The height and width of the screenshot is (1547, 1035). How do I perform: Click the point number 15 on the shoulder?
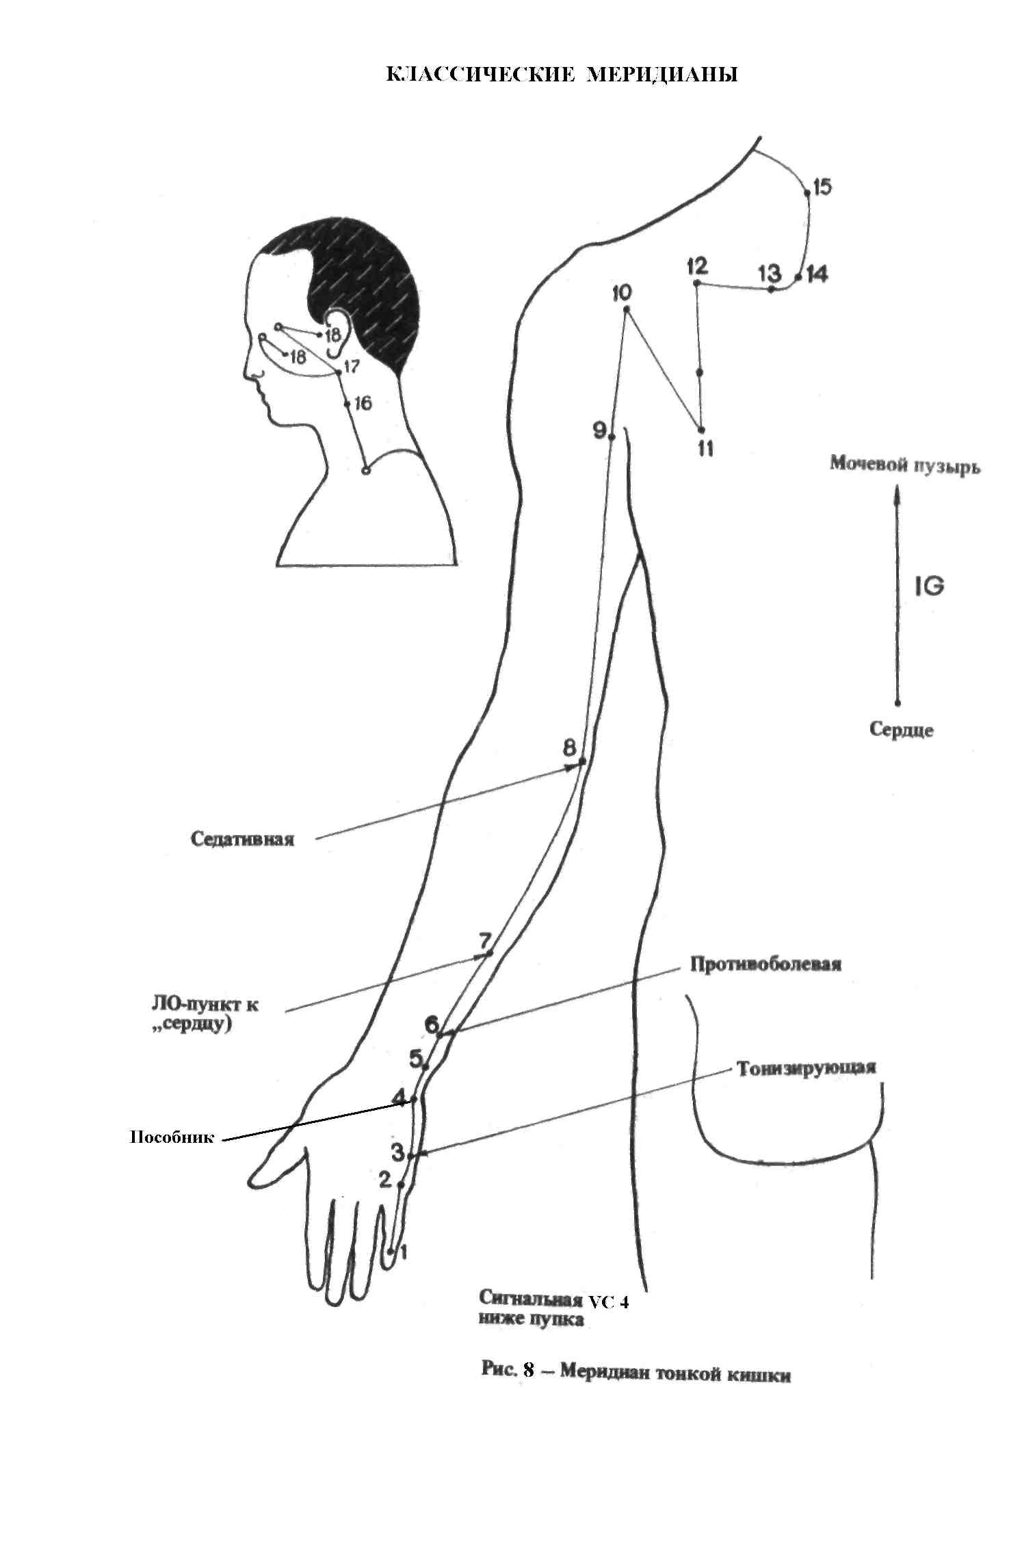tap(822, 186)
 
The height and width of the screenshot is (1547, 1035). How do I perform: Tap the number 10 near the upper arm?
tap(622, 293)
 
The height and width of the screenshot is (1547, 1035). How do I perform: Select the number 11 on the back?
tap(705, 449)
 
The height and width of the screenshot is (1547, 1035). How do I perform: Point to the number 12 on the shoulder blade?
tap(698, 265)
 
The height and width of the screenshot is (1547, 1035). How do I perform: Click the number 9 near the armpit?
tap(600, 430)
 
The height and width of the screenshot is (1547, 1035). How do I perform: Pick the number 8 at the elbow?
tap(570, 747)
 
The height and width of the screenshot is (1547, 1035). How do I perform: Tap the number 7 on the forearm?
tap(485, 940)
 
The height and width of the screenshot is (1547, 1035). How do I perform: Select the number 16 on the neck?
tap(363, 404)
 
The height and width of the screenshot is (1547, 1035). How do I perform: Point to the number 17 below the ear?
tap(351, 367)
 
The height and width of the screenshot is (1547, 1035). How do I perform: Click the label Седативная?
tap(242, 839)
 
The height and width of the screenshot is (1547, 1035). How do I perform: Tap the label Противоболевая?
tap(765, 964)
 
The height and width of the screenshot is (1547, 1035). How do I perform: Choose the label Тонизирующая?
tap(807, 1068)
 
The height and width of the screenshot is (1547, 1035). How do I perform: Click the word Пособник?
tap(172, 1138)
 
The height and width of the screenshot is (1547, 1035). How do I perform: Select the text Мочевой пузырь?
tap(905, 465)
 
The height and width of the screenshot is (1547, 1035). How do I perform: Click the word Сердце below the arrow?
tap(902, 730)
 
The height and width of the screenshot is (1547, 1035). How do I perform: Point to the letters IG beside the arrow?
tap(929, 586)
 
